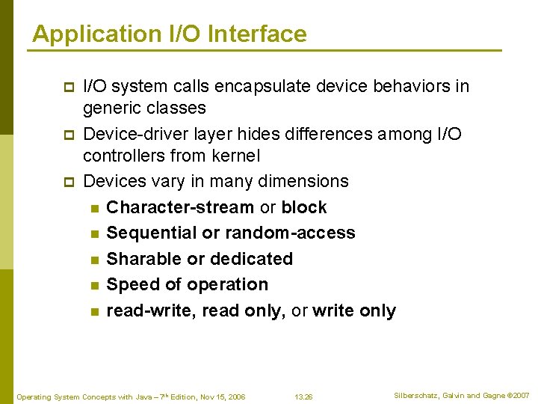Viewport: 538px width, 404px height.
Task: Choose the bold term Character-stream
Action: tap(180, 207)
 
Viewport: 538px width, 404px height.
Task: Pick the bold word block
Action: tap(304, 207)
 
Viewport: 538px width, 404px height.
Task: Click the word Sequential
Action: tap(152, 233)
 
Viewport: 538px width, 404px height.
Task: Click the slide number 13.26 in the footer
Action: tap(303, 397)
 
